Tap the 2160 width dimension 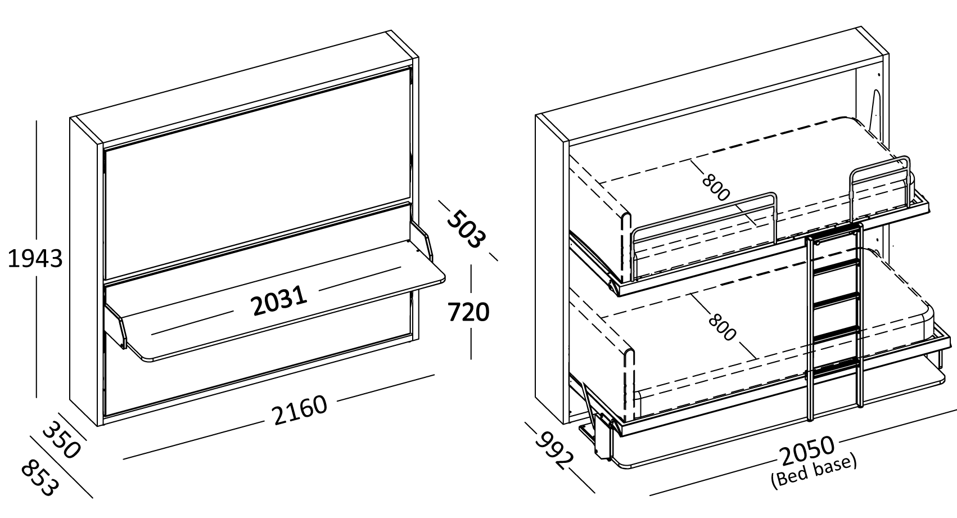(x=300, y=411)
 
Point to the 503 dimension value (x=465, y=229)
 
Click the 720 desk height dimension (x=468, y=312)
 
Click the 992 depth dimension (x=553, y=450)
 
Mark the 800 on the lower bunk (x=721, y=326)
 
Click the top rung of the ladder (x=835, y=237)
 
